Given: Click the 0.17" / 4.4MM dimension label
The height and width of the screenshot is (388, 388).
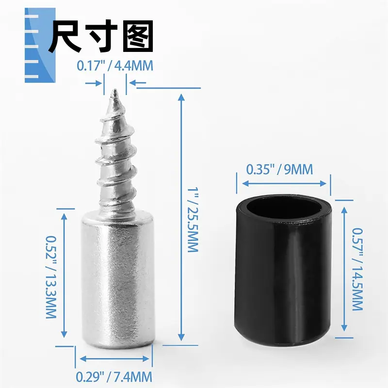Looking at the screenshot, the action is (x=115, y=66).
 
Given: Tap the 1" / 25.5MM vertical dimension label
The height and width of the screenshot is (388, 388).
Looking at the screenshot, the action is (x=193, y=220).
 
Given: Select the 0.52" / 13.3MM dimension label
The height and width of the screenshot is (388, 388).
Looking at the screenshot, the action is (x=51, y=276).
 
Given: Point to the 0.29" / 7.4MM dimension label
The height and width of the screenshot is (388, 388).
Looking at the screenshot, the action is (x=114, y=377).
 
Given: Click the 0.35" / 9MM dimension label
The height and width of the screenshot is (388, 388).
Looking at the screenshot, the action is (x=280, y=169).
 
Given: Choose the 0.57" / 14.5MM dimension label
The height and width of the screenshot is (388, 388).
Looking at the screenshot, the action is (x=357, y=269).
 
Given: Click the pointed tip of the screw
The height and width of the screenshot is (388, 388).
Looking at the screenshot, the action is (x=114, y=90).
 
